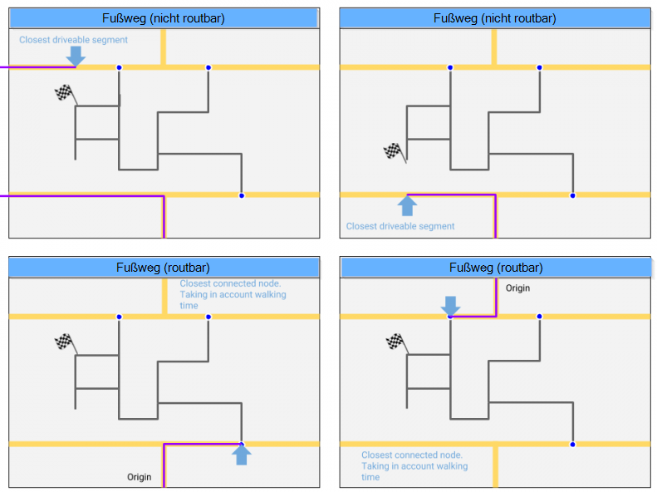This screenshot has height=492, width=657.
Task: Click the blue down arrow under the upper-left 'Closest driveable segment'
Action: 76,56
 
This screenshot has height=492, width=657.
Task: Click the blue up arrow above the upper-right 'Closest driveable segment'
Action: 407,205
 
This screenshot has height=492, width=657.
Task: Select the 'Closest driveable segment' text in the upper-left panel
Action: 74,40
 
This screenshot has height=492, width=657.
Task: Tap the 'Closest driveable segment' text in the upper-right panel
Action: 400,226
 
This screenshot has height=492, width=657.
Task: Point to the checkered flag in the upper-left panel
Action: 64,94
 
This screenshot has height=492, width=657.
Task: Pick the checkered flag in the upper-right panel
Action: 392,151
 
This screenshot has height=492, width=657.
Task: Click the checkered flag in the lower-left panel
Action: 64,342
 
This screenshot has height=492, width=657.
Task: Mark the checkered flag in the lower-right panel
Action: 395,341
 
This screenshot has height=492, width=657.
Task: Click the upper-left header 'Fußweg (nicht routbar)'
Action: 163,18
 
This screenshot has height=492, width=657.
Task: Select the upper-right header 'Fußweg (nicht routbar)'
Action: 494,18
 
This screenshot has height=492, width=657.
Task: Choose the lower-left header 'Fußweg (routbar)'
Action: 163,267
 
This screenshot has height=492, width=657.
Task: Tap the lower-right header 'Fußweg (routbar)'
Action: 495,267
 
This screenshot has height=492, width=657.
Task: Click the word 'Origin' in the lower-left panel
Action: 140,477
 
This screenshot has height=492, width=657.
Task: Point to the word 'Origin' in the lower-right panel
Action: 517,288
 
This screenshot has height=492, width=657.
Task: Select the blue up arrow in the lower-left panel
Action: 242,455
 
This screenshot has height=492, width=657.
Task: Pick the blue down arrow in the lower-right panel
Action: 449,305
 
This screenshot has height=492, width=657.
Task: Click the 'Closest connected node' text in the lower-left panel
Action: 233,294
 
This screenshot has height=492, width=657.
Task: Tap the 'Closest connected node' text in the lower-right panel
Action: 414,465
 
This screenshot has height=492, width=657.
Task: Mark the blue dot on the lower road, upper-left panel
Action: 242,195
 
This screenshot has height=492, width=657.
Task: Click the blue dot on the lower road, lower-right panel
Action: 572,444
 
